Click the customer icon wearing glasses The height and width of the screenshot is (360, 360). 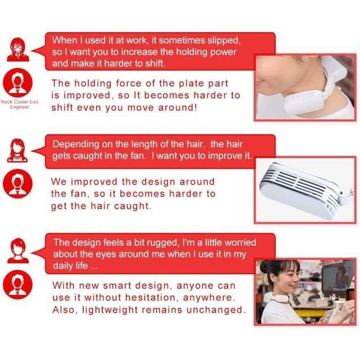coord(18,49)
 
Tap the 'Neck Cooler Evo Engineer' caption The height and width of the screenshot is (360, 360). coord(20,104)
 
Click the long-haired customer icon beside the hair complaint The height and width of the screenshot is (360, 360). coord(17,151)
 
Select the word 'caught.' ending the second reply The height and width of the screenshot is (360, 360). coord(133,206)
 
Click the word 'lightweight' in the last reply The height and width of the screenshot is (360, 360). coord(110,310)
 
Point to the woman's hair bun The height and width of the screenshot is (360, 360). coord(264,266)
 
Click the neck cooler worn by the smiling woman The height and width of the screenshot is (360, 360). coord(279,298)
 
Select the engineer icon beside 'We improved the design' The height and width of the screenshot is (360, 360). coord(17,184)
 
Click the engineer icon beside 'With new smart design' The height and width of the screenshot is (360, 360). coord(17,284)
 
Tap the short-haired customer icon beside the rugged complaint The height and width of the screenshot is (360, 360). coord(17,251)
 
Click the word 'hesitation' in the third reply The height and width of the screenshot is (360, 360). coord(151,298)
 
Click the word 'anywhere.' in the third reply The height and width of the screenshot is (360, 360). coord(209,298)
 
